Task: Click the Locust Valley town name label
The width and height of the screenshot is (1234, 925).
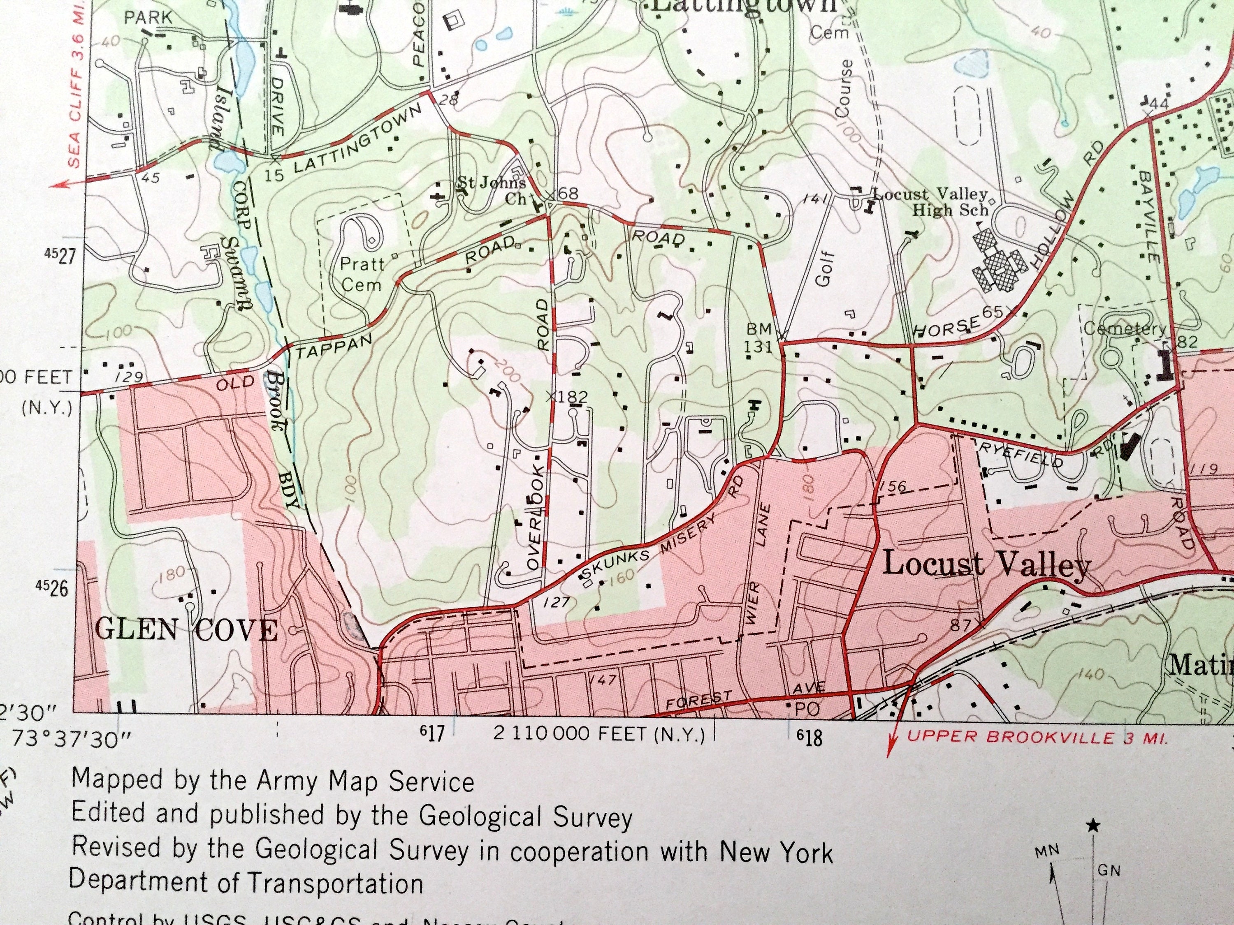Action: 986,565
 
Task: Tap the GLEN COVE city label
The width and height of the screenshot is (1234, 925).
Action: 186,631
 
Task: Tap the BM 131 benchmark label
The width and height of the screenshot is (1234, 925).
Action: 758,338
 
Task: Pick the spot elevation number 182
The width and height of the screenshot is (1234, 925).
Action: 573,396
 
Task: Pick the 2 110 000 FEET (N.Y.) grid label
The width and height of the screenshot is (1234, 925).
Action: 598,734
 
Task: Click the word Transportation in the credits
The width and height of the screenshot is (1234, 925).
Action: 335,884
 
